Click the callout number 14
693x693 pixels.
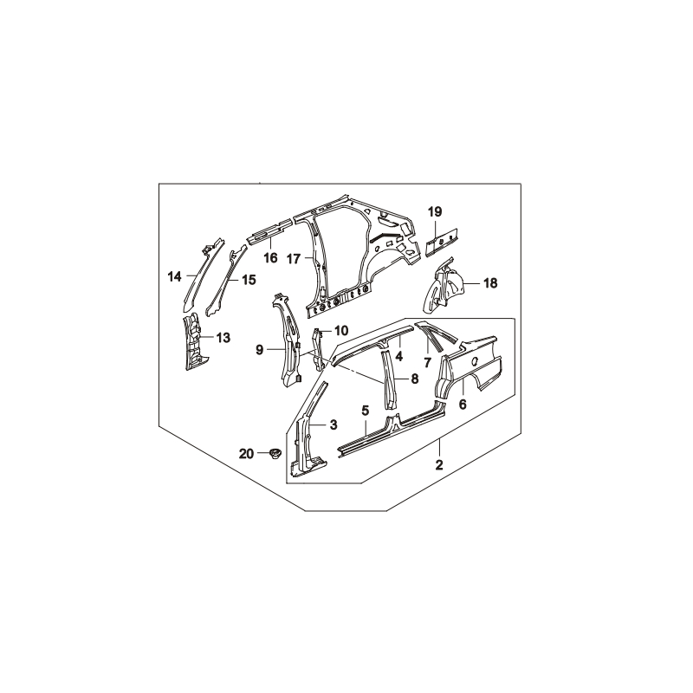click(x=175, y=277)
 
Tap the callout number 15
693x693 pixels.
click(x=249, y=280)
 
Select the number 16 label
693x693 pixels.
click(x=270, y=257)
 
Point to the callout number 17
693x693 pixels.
click(x=294, y=258)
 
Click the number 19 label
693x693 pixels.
click(x=435, y=211)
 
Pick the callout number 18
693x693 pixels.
click(x=490, y=283)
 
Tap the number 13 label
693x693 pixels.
click(x=223, y=338)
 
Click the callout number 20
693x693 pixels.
click(x=247, y=453)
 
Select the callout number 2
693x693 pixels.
click(x=439, y=464)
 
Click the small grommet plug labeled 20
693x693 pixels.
click(x=275, y=453)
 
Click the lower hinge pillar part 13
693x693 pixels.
click(x=192, y=341)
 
